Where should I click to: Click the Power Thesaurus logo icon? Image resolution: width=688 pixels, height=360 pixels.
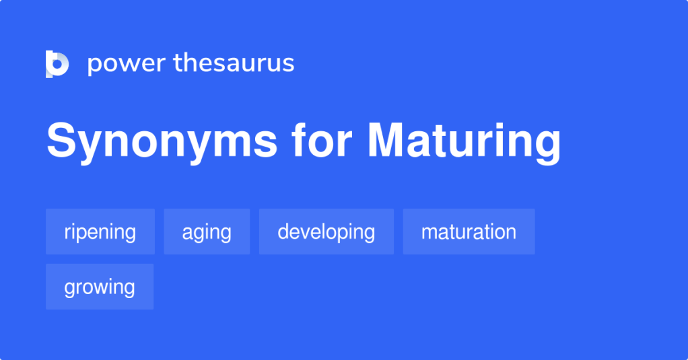click(57, 64)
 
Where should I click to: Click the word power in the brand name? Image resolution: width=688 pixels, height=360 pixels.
click(126, 64)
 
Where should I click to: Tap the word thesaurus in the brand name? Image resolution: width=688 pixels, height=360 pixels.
click(234, 63)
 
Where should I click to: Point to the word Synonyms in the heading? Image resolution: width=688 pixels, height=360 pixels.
click(162, 142)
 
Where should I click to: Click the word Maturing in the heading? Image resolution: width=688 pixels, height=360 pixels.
click(464, 142)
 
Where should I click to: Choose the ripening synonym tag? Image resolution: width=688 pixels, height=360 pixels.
click(100, 231)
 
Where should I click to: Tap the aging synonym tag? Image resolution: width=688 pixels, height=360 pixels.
click(207, 231)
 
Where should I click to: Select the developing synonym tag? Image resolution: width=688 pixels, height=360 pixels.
click(326, 231)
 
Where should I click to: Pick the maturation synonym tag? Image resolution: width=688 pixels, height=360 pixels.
click(469, 231)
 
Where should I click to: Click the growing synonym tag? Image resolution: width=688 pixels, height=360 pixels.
click(100, 287)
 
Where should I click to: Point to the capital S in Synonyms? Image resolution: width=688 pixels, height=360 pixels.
click(60, 141)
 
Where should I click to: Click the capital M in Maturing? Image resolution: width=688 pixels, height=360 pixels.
click(386, 141)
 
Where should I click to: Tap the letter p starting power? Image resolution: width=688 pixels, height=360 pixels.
click(94, 65)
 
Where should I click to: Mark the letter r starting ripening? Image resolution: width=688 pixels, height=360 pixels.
click(67, 233)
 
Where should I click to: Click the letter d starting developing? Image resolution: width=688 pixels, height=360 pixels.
click(283, 231)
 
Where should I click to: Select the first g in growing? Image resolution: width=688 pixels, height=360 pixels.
click(69, 289)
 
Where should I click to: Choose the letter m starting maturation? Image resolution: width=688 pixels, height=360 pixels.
click(428, 233)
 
